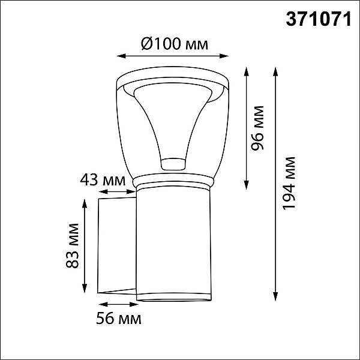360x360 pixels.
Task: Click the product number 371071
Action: [x=319, y=19]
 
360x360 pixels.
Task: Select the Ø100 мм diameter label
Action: [x=175, y=44]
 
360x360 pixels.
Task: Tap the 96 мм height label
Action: [x=257, y=128]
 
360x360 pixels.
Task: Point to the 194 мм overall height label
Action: [x=289, y=183]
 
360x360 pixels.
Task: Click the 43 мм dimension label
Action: [x=103, y=180]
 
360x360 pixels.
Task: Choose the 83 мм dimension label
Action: [x=73, y=245]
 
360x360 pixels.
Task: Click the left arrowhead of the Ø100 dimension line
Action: [x=121, y=56]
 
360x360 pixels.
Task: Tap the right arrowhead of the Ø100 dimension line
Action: [x=224, y=56]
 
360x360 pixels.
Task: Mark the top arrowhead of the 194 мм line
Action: [x=275, y=71]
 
